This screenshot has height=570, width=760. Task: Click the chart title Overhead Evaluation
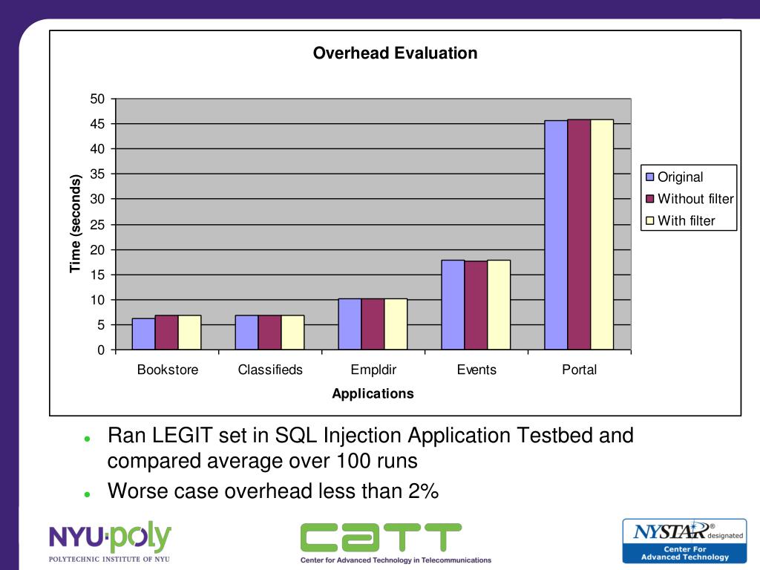(x=395, y=53)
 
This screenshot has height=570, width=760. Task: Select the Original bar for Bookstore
(x=143, y=334)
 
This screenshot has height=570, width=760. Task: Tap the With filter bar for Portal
(x=602, y=235)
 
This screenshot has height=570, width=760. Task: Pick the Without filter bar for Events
(x=476, y=305)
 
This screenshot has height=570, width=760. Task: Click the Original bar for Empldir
(x=350, y=324)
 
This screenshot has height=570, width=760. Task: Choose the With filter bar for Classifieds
(x=292, y=332)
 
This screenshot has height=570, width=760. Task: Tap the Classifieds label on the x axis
(x=270, y=370)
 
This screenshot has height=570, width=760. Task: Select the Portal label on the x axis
(x=579, y=370)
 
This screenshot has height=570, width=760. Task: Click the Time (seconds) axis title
(x=75, y=223)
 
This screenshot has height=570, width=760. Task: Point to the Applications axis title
(x=373, y=393)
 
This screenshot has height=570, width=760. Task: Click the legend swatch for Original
(x=650, y=177)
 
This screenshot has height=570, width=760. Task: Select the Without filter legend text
(x=695, y=199)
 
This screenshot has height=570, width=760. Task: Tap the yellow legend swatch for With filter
(x=650, y=220)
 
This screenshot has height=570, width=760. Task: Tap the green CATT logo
(x=381, y=537)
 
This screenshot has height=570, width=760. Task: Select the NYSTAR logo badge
(x=684, y=540)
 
